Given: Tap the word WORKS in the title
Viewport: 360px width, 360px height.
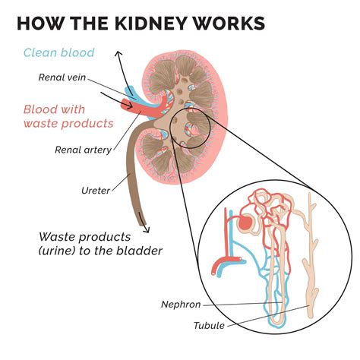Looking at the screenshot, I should [x=228, y=22].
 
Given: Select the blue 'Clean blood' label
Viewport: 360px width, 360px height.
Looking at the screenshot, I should [x=58, y=52].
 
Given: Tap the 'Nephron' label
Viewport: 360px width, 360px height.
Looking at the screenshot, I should [x=181, y=305].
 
